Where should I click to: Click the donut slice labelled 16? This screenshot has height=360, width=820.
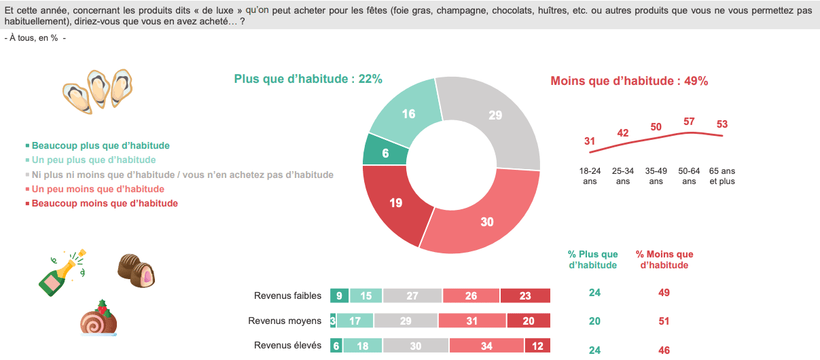pos(408,114)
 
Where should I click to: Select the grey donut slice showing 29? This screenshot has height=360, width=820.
pos(495,115)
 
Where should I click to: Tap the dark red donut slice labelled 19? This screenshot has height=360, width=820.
pos(395,202)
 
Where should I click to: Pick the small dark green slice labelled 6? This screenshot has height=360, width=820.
pos(385,153)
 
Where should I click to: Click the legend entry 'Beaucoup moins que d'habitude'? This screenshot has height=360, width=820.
pos(105,203)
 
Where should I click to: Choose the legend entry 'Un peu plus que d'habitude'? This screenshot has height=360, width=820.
pos(94,160)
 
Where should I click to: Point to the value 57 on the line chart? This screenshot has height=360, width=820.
pos(689,122)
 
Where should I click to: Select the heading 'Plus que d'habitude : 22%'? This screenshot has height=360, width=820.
pos(308,79)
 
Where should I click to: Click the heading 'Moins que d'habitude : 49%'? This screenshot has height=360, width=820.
pos(629,82)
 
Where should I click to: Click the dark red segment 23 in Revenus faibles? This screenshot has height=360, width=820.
pos(525,295)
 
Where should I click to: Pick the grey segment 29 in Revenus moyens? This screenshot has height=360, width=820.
pos(406,321)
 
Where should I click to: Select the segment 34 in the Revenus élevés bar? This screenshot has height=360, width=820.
pos(486,345)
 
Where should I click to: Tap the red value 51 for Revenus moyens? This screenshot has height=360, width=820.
pos(664,321)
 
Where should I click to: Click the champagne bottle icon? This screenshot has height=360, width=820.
pos(60,272)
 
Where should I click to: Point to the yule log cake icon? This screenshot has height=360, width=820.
pos(99,319)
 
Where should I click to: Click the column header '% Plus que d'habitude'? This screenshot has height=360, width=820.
pos(592,259)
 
